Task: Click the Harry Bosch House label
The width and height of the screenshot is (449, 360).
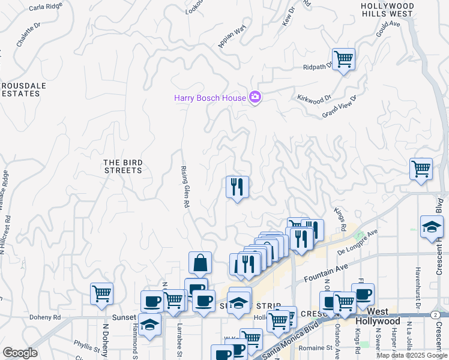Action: point(210,98)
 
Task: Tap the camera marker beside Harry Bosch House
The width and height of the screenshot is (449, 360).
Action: point(255,97)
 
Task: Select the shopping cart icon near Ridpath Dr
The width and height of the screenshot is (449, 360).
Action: point(343,59)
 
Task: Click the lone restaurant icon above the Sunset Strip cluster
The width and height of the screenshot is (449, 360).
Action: point(237,187)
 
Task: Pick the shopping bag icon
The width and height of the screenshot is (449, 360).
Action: point(200,263)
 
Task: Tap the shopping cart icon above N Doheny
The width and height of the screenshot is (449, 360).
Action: point(101,294)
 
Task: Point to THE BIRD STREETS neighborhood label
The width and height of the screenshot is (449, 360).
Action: point(122,166)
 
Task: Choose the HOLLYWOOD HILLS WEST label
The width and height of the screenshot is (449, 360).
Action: point(387,9)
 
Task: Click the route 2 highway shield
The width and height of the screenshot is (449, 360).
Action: point(434,314)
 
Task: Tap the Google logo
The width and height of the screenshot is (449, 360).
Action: point(20,353)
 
